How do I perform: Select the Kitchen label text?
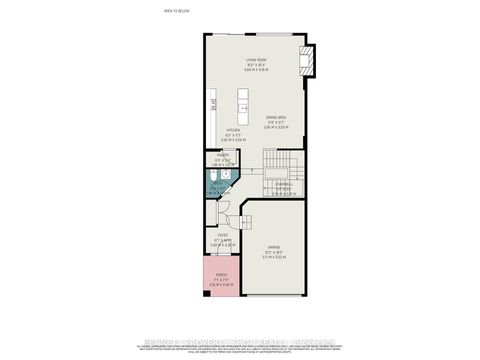click(232, 130)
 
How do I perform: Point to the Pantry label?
click(223, 156)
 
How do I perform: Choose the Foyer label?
click(223, 236)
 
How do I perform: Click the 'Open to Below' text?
click(175, 11)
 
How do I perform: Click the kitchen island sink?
click(242, 106)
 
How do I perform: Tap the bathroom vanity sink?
click(228, 173)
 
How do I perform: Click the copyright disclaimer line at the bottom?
click(240, 346)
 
